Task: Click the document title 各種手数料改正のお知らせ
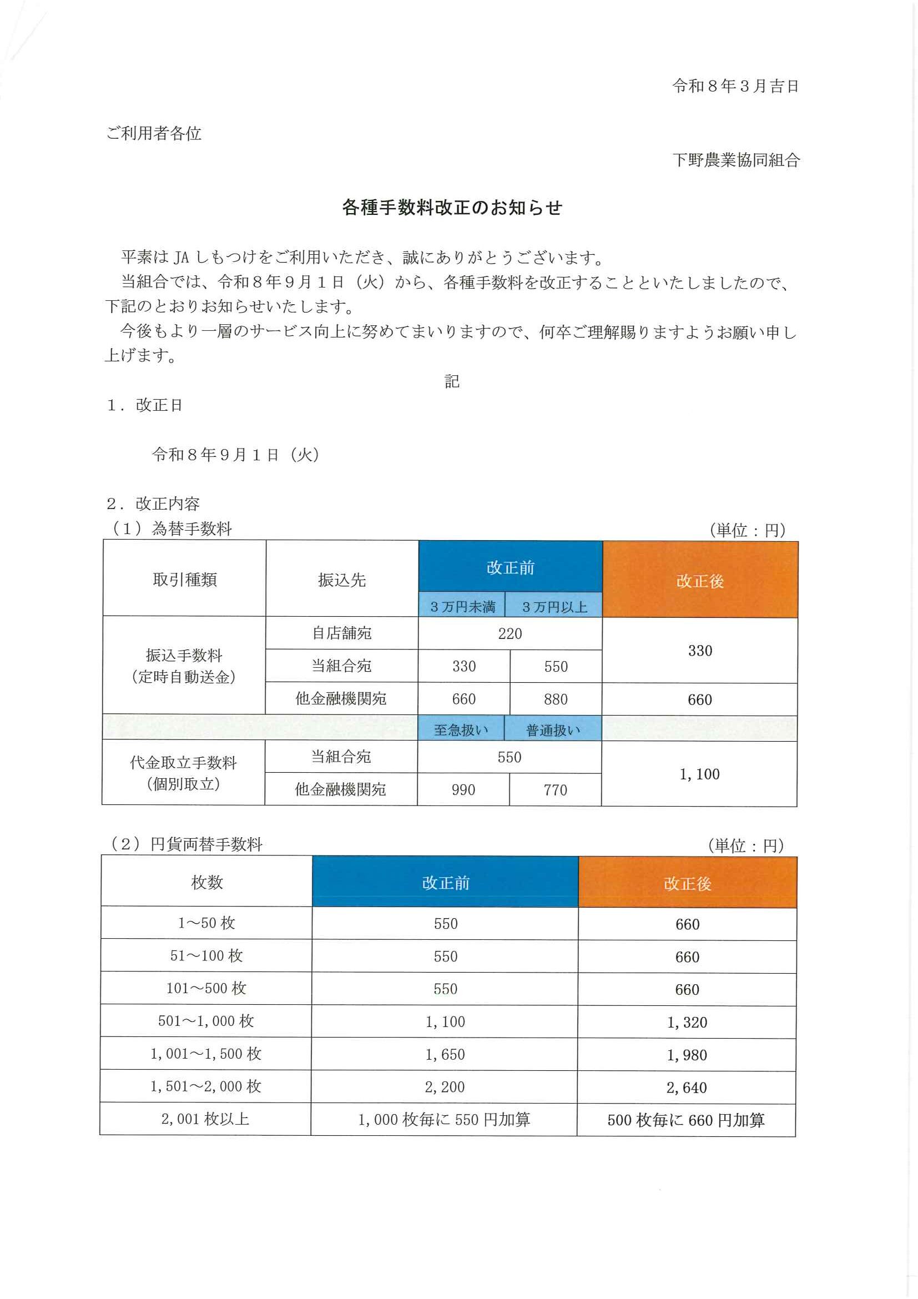point(452,208)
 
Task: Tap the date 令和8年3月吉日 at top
point(735,87)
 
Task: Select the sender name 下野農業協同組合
point(736,160)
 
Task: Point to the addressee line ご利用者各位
point(154,134)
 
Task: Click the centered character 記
point(451,381)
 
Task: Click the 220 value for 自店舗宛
point(510,633)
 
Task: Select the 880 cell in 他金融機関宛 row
point(556,699)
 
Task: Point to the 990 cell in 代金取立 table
point(463,790)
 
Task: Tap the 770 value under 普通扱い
point(555,790)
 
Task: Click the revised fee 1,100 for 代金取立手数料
point(699,774)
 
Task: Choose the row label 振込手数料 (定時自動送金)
point(184,666)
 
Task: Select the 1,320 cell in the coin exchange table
point(687,1023)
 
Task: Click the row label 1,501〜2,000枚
point(206,1086)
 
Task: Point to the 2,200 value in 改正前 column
point(445,1087)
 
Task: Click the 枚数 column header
point(207,882)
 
